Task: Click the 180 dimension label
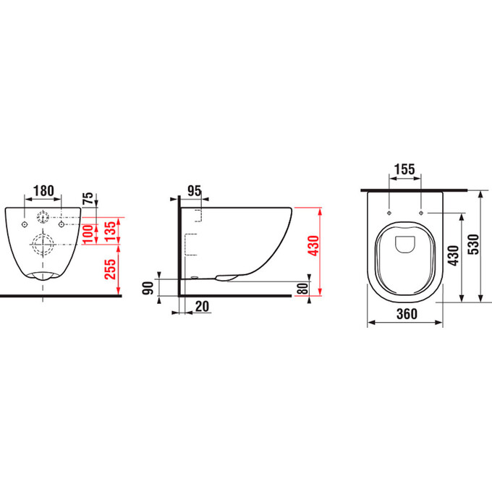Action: (x=43, y=190)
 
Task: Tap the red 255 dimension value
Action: (x=110, y=269)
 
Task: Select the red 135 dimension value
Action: (x=110, y=232)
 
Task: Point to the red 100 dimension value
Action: (x=88, y=234)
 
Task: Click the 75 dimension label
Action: (x=88, y=198)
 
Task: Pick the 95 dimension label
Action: (x=195, y=191)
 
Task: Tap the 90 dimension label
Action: (x=148, y=288)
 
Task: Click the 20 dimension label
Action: (x=202, y=306)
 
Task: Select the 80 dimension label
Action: (x=302, y=289)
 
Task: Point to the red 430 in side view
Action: (x=313, y=246)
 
